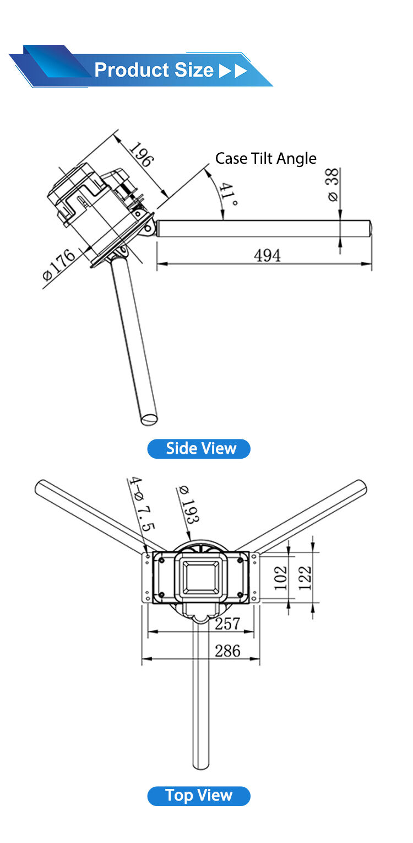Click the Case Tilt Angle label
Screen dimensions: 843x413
(265, 159)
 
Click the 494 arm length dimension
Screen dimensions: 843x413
(267, 255)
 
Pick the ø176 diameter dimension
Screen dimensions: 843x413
(59, 266)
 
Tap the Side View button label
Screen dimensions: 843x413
(199, 449)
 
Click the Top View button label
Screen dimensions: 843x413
(199, 796)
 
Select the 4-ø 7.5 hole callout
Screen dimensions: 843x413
(140, 504)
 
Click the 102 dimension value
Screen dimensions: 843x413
(281, 578)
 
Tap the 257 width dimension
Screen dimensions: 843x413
(227, 624)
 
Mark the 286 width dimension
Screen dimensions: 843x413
(227, 651)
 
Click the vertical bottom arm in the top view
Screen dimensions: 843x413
(200, 700)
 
